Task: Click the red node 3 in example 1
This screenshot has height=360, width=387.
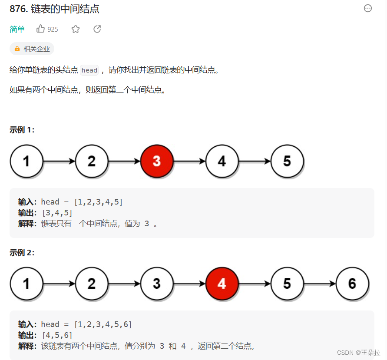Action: click(x=157, y=162)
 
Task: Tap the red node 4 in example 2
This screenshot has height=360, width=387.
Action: click(x=222, y=284)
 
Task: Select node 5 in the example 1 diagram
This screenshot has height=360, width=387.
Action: click(x=287, y=162)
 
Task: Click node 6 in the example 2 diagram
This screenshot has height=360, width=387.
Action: click(x=352, y=284)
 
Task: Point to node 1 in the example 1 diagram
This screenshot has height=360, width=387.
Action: click(x=26, y=162)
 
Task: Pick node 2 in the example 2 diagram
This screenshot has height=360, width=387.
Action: click(x=92, y=284)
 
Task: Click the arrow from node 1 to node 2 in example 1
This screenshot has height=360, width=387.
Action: click(x=59, y=162)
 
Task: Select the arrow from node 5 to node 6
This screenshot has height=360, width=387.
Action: click(x=319, y=284)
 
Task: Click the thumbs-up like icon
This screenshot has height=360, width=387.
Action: click(x=41, y=29)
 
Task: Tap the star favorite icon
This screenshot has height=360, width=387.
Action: click(x=76, y=29)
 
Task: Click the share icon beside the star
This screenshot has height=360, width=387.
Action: click(x=97, y=29)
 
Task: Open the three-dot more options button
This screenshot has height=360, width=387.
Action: click(x=368, y=8)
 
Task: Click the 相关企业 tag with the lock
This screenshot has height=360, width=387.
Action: click(x=32, y=49)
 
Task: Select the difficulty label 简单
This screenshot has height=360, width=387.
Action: click(x=17, y=29)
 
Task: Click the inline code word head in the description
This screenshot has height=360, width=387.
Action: click(x=89, y=70)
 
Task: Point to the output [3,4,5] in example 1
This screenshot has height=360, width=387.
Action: click(x=56, y=212)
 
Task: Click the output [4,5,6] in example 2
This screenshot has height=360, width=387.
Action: click(x=56, y=335)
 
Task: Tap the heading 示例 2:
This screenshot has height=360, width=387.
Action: click(x=22, y=253)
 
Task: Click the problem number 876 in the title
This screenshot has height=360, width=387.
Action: click(x=17, y=9)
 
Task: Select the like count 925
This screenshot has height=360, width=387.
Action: click(x=53, y=29)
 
